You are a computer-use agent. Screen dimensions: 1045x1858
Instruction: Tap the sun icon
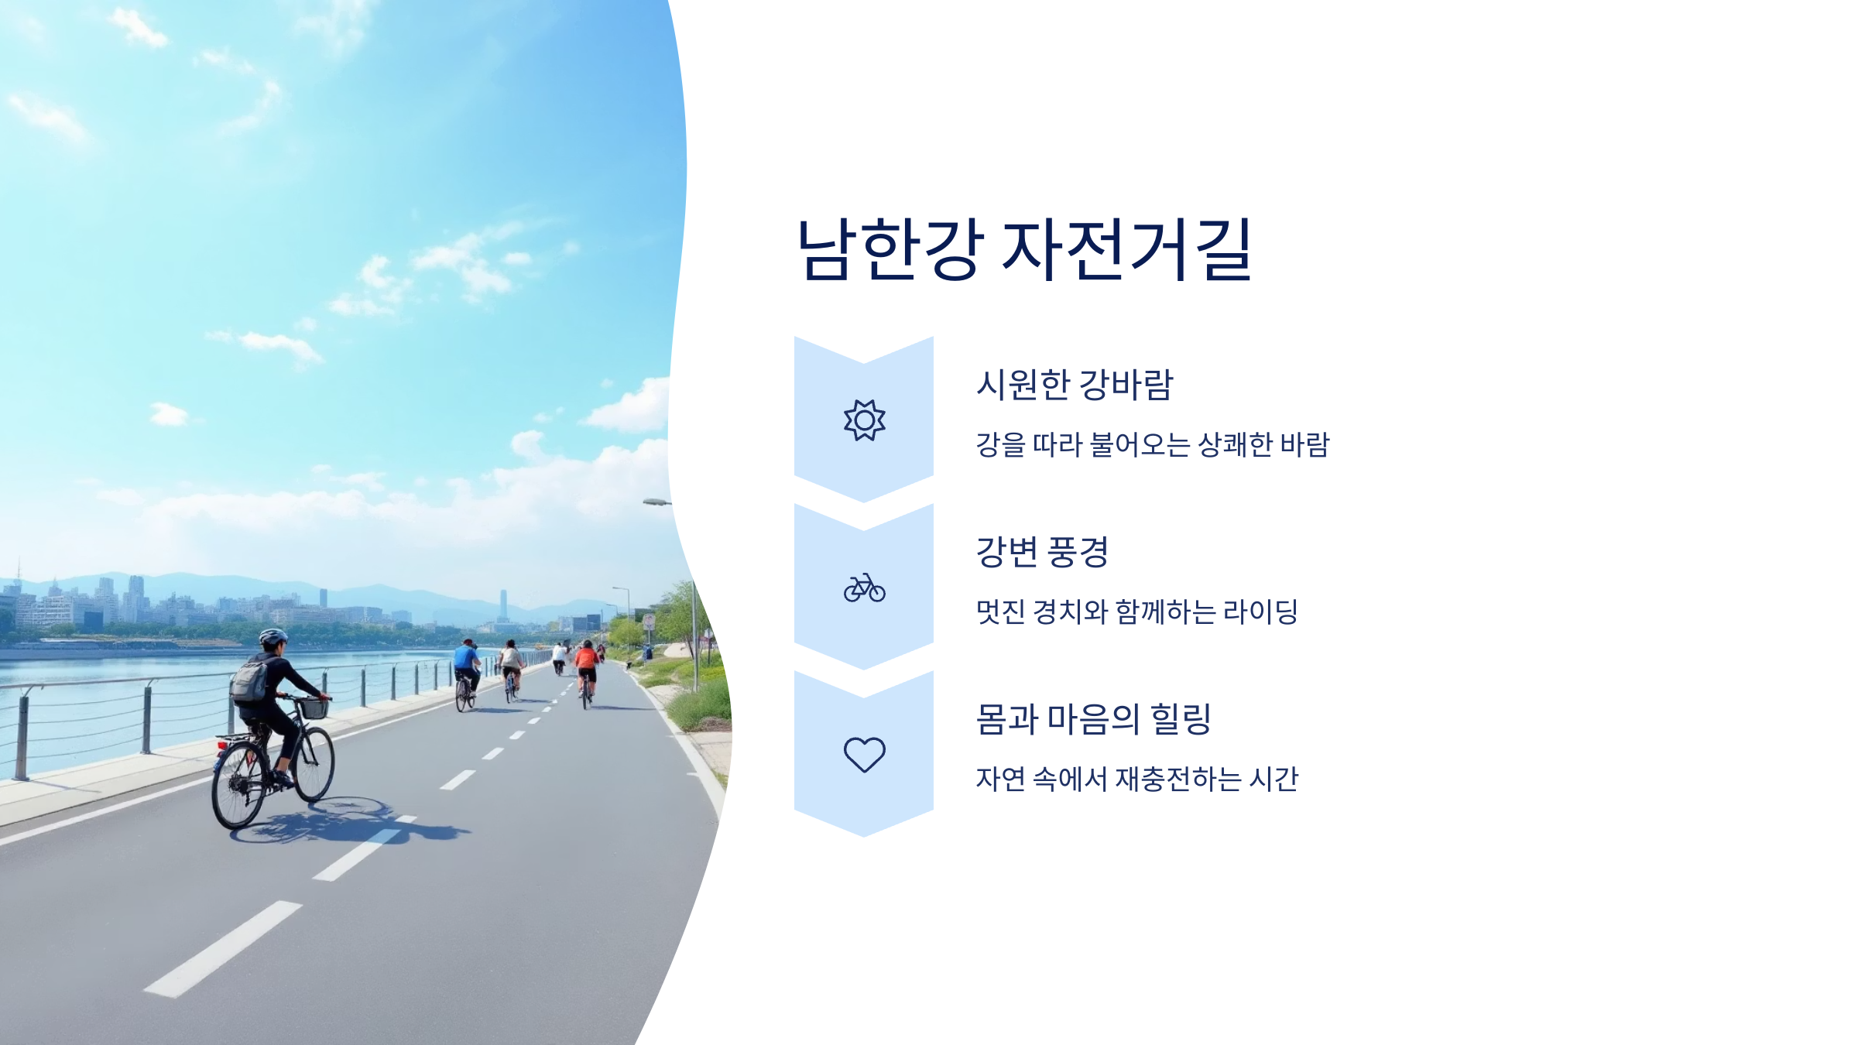(x=864, y=420)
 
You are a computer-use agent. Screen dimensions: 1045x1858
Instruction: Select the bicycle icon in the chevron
(x=864, y=588)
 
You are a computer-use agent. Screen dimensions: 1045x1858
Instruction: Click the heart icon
(x=864, y=754)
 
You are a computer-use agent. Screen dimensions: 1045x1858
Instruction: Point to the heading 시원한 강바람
(x=1075, y=385)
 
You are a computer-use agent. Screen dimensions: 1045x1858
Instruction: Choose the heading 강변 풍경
(x=1042, y=552)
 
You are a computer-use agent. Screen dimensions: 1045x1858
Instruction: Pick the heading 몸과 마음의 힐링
(x=1092, y=719)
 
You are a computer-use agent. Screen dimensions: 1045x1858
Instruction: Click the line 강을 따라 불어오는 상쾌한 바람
(x=1152, y=445)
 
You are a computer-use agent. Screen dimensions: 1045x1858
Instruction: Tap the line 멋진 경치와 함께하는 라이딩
(x=1136, y=612)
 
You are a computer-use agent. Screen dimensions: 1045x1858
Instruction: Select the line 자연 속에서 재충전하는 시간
(x=1136, y=779)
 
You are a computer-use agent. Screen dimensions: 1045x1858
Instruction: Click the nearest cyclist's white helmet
(x=273, y=637)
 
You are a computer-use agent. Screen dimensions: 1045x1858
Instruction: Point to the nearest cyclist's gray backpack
(x=250, y=682)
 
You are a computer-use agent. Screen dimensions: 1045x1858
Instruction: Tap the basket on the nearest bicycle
(x=314, y=708)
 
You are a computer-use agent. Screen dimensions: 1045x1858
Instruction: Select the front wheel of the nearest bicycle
(x=315, y=764)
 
